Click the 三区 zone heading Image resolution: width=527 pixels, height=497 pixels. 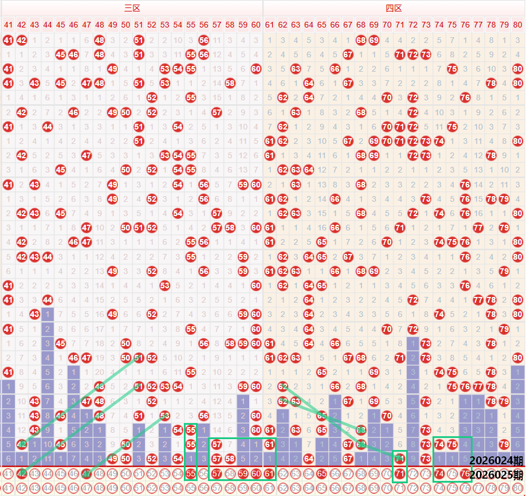pyautogui.click(x=132, y=8)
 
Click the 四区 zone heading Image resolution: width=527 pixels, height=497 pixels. pyautogui.click(x=394, y=8)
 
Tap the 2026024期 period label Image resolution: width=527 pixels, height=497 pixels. pyautogui.click(x=495, y=460)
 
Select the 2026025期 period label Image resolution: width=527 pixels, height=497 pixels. pyautogui.click(x=495, y=475)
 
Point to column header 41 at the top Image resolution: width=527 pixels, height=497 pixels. pyautogui.click(x=8, y=25)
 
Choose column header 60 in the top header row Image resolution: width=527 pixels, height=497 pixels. pyautogui.click(x=256, y=25)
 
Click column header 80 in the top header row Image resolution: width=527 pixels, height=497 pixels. pyautogui.click(x=518, y=25)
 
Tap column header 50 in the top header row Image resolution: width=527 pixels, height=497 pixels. pyautogui.click(x=125, y=25)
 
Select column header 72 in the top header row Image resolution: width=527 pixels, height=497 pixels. pyautogui.click(x=413, y=25)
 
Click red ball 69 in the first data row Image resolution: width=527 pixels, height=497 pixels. pyautogui.click(x=374, y=40)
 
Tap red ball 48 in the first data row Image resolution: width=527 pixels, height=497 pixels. pyautogui.click(x=100, y=40)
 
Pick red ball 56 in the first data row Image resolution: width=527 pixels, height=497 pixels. pyautogui.click(x=204, y=40)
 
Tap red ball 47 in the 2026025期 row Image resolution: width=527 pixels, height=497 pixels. pyautogui.click(x=86, y=474)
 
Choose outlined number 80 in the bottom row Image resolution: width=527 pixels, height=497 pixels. pyautogui.click(x=518, y=489)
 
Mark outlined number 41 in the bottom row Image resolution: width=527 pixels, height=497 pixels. pyautogui.click(x=8, y=489)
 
